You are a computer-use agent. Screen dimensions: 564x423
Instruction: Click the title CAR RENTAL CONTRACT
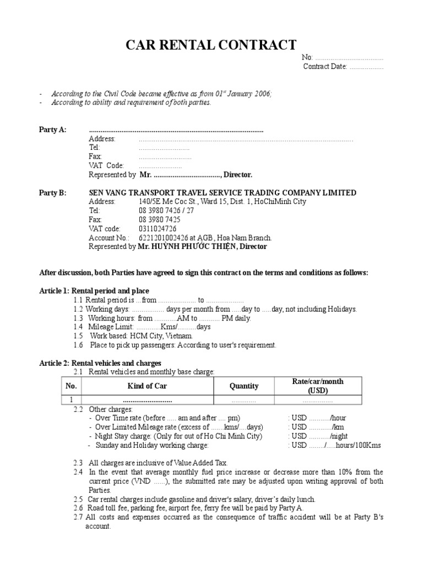coord(211,45)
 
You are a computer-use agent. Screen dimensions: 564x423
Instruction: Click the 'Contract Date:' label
coord(325,67)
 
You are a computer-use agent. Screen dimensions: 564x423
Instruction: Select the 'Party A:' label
coord(52,129)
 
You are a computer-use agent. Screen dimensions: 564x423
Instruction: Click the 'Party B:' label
coord(52,193)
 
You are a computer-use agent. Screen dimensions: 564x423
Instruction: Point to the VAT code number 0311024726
coord(158,229)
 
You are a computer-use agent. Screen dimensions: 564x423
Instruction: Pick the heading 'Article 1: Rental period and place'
coord(94,291)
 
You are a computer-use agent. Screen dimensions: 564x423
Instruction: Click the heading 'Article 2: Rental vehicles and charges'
coord(100,364)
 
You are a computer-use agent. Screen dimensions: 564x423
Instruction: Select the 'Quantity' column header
coord(243,386)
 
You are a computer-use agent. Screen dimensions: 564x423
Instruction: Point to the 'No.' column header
coord(71,386)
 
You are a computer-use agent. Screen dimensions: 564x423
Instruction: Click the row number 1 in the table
coord(71,400)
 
